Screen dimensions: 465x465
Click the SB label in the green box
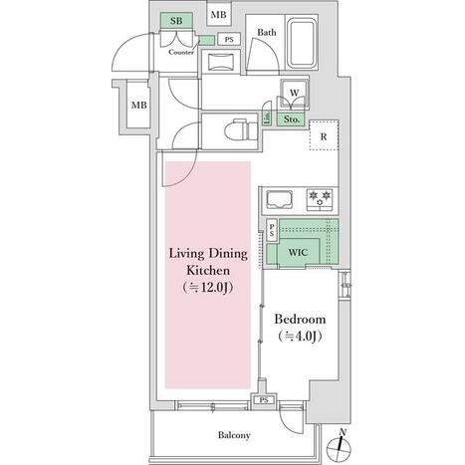[176, 21]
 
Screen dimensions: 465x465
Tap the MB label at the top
[219, 15]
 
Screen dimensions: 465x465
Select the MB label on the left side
[138, 106]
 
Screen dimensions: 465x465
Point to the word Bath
[267, 32]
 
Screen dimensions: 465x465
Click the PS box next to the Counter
[229, 39]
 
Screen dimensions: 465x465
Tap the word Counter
[181, 52]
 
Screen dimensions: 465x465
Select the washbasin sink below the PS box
[220, 62]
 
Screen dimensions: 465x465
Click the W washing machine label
[294, 93]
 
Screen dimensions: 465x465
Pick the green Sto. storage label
[292, 119]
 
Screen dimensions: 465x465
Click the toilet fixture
[242, 130]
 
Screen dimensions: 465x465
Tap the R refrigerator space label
[324, 136]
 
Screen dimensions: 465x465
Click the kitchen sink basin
[280, 199]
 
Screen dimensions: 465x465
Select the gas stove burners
[320, 199]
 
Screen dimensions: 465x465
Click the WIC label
[298, 252]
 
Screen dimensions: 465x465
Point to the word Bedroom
[300, 320]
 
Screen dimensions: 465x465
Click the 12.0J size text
[207, 287]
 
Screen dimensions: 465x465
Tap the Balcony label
[234, 435]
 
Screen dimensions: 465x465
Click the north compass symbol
[339, 446]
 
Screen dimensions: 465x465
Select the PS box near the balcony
[264, 400]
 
